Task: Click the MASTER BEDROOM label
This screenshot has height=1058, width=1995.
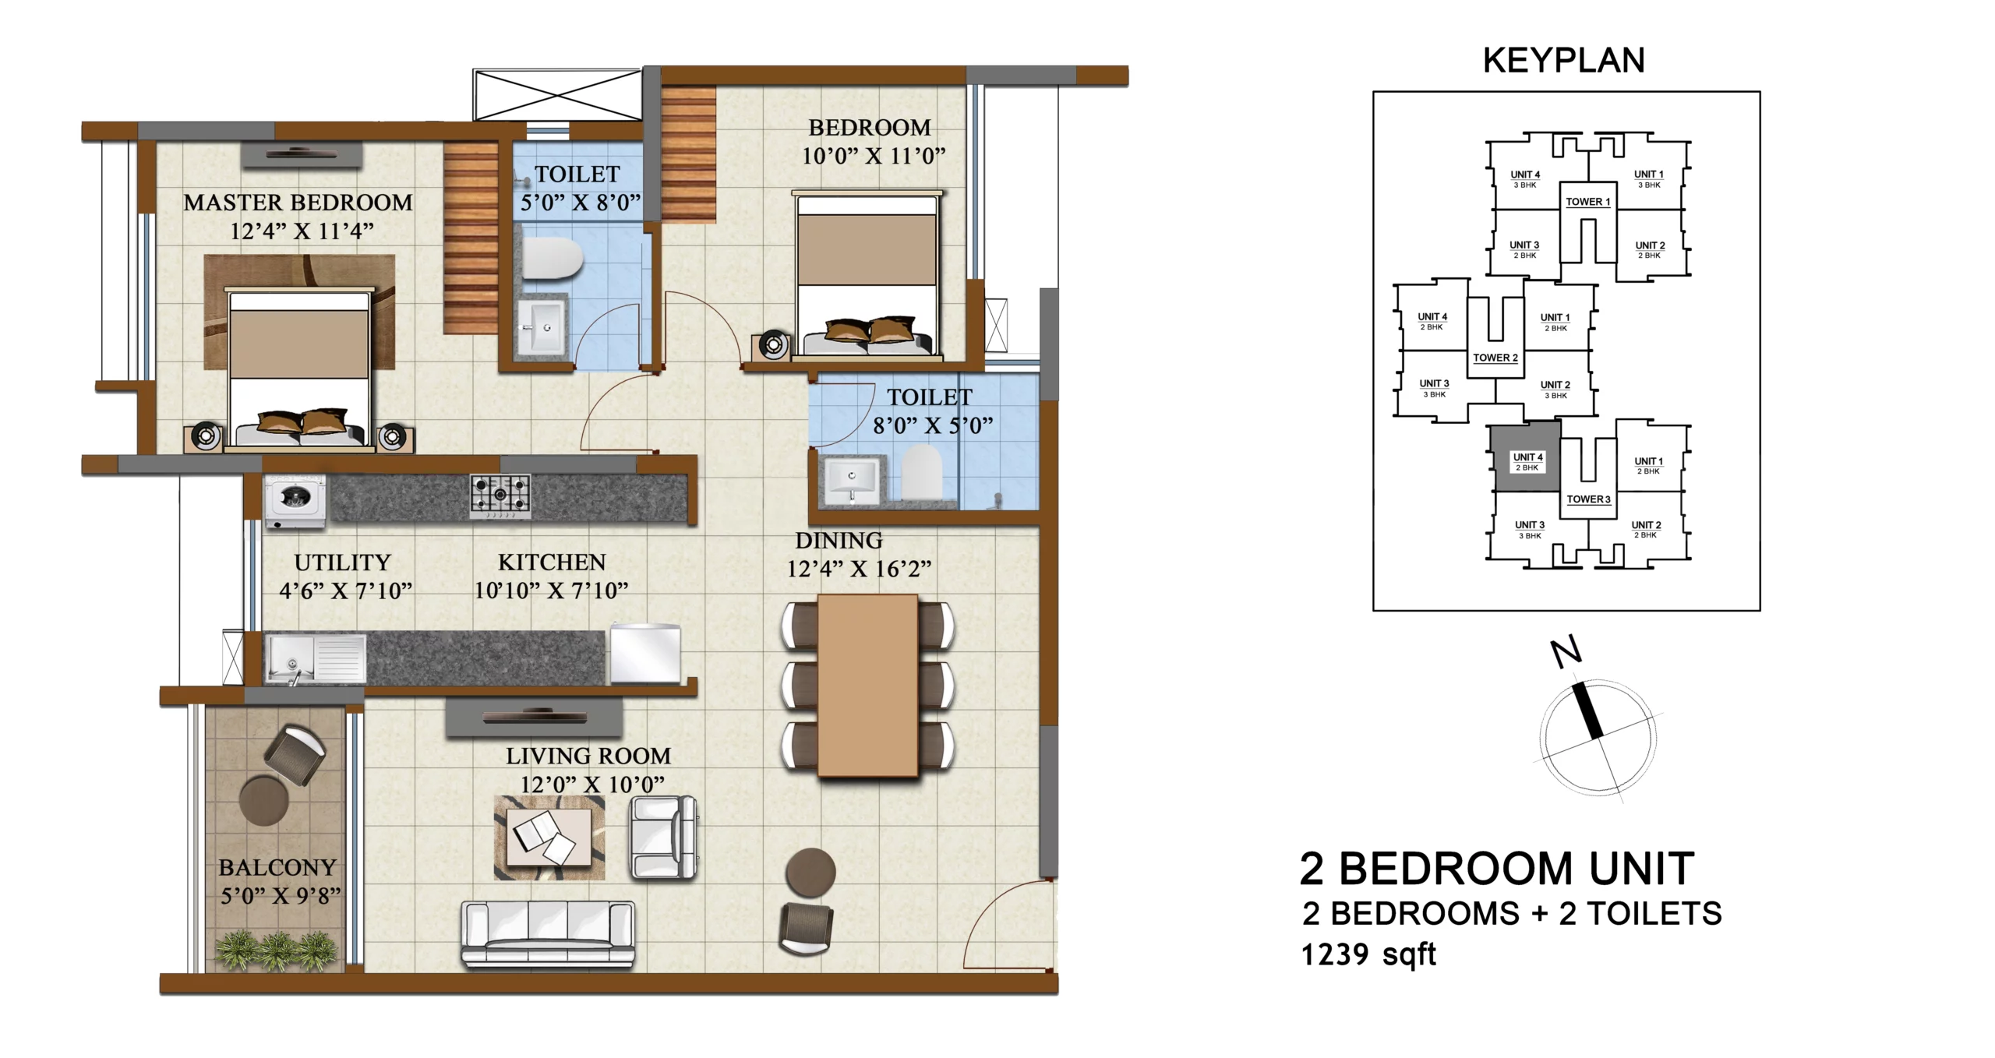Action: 298,203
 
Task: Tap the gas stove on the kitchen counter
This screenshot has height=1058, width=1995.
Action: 500,496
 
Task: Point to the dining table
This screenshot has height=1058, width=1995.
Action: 867,686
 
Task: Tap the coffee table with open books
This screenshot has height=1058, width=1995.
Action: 549,838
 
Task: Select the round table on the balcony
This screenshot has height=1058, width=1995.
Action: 264,800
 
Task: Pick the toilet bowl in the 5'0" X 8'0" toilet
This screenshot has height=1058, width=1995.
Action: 553,259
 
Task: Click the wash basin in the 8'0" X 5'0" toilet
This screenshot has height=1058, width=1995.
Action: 852,478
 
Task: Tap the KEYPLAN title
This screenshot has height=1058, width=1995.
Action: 1563,61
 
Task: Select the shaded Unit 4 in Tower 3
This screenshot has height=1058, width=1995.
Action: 1527,457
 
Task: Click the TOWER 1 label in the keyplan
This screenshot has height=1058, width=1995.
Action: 1588,202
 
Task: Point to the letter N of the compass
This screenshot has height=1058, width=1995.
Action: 1566,652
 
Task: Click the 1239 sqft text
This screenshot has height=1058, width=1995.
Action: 1368,954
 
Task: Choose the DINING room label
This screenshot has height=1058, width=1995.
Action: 839,541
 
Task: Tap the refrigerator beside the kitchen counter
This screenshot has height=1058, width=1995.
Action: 645,654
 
